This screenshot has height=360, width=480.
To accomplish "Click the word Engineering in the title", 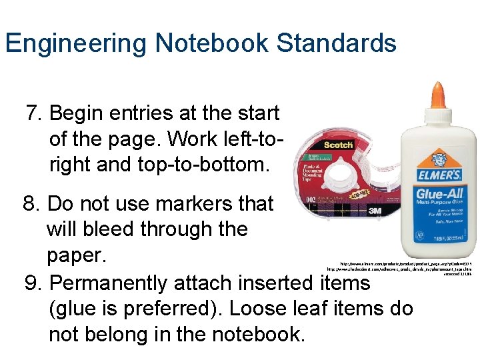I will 76,44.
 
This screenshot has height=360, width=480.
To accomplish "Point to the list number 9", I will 31,283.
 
